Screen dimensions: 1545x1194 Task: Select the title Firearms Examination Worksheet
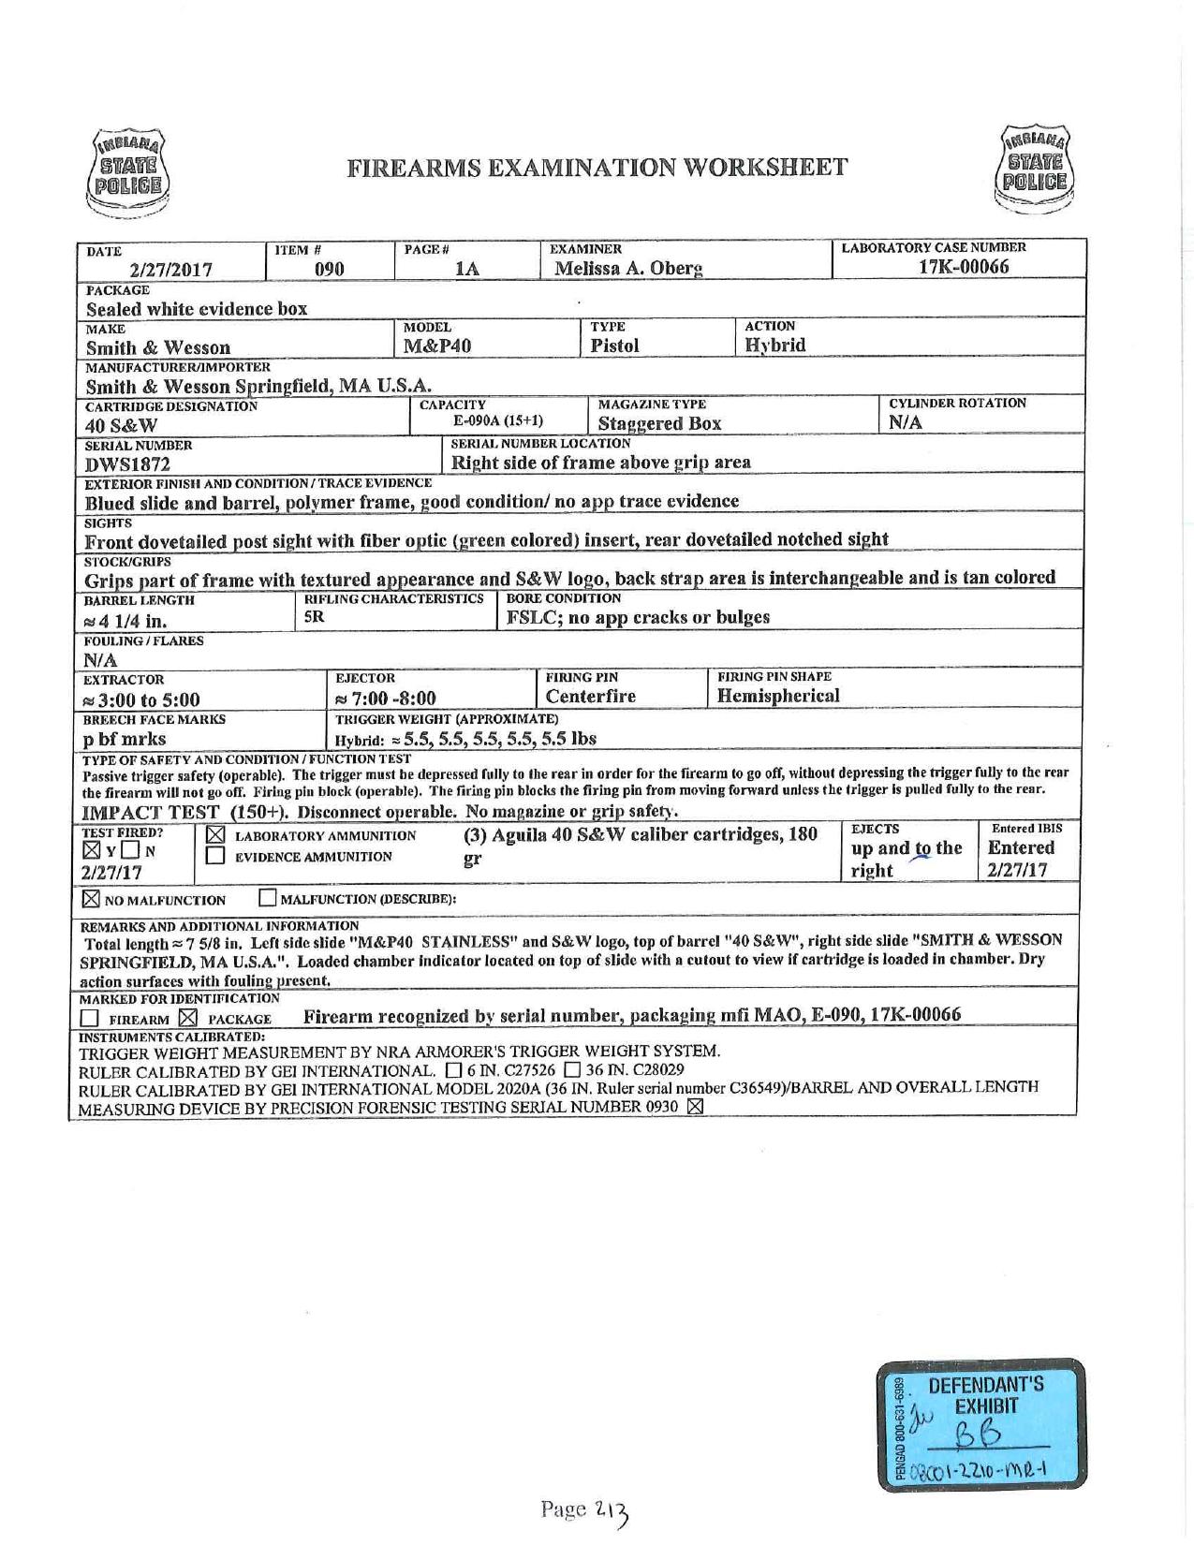597,168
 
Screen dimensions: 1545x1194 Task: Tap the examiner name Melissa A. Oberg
628,269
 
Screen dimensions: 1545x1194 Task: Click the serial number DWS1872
127,463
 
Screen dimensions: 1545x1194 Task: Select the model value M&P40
436,346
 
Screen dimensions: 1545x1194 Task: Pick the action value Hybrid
774,345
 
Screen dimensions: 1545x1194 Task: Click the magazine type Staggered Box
659,423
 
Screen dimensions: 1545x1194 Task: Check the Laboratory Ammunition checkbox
215,834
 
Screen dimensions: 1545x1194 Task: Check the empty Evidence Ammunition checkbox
215,856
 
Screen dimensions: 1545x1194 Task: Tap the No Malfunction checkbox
92,900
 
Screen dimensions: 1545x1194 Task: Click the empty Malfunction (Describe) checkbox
268,900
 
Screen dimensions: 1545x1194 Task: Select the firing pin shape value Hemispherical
778,696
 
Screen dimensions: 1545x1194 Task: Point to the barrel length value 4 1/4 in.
127,621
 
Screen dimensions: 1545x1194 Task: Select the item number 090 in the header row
329,270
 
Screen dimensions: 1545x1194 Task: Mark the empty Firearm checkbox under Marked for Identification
90,1019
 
